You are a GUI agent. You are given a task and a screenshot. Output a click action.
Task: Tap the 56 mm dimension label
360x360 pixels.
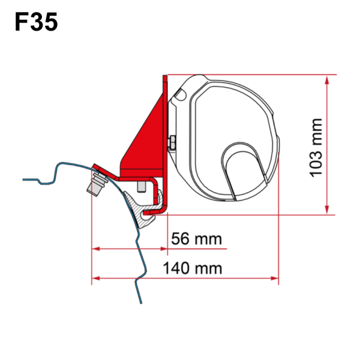[x=196, y=238]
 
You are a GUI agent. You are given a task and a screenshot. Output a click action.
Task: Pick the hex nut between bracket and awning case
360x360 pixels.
[x=173, y=143]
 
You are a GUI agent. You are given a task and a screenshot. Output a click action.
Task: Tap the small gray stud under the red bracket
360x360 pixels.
[x=142, y=187]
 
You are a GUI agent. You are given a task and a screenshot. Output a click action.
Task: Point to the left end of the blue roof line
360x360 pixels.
[x=24, y=178]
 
